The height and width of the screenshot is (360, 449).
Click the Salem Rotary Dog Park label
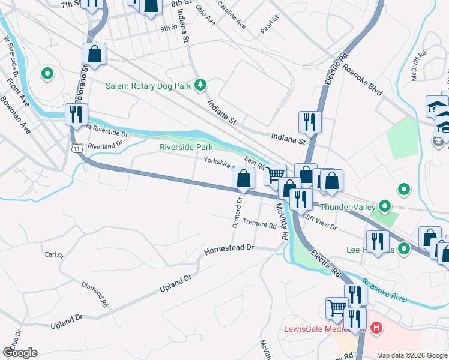148,86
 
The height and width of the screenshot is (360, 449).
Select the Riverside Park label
186,147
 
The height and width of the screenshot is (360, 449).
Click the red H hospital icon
376,329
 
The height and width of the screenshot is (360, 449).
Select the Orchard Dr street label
237,214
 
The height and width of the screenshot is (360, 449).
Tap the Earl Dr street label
54,255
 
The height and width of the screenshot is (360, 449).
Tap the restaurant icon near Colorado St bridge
77,114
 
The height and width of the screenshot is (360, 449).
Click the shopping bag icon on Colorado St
95,54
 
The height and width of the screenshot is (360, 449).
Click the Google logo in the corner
20,353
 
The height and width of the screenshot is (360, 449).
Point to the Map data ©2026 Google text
411,355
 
